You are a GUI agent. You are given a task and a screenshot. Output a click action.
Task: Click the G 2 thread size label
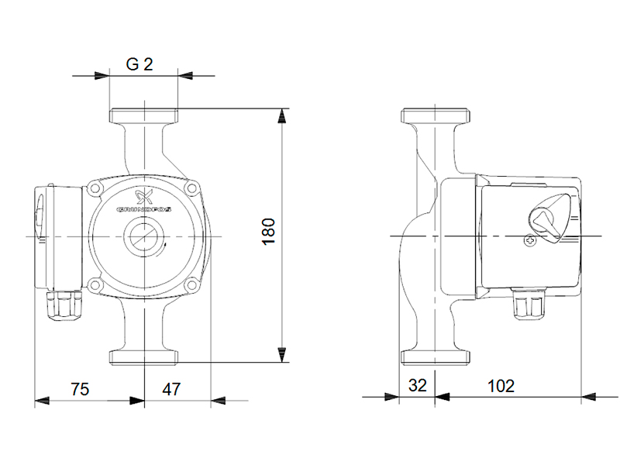coord(139,64)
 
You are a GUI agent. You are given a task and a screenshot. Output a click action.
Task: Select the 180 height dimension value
coord(269,232)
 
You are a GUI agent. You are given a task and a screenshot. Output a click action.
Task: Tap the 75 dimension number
coord(80,389)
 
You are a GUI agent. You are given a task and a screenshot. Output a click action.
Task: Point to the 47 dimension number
coord(171,389)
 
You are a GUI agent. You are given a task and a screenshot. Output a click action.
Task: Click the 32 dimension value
coord(418,385)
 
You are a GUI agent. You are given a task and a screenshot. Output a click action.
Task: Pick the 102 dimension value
coord(501,386)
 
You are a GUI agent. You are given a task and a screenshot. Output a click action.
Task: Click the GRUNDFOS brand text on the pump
coord(144,209)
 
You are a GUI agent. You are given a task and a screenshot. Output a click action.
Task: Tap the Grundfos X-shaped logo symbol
coord(143,197)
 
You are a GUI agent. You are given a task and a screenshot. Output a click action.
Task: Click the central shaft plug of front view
coord(141,237)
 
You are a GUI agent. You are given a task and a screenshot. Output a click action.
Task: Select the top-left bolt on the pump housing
coord(95,188)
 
